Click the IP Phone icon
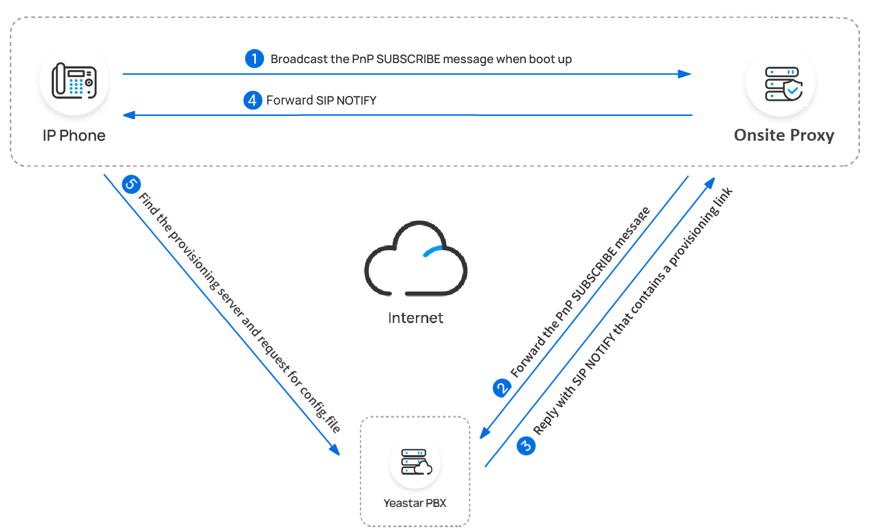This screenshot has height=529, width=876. click(74, 81)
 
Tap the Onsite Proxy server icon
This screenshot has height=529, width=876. click(783, 84)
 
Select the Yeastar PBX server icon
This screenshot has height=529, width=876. click(415, 462)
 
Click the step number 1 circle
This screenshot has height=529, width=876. click(254, 58)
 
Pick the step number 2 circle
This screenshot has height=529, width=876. click(502, 388)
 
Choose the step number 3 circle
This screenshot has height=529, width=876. click(526, 446)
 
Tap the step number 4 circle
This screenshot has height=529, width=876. click(253, 100)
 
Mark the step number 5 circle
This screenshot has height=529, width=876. click(131, 184)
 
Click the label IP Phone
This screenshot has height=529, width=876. click(74, 135)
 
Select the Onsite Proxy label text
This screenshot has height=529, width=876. click(784, 135)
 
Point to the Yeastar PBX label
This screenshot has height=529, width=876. click(415, 503)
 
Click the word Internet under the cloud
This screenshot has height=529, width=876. click(415, 318)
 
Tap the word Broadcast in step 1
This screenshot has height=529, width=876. click(295, 59)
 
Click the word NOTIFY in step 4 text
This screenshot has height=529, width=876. click(356, 100)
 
